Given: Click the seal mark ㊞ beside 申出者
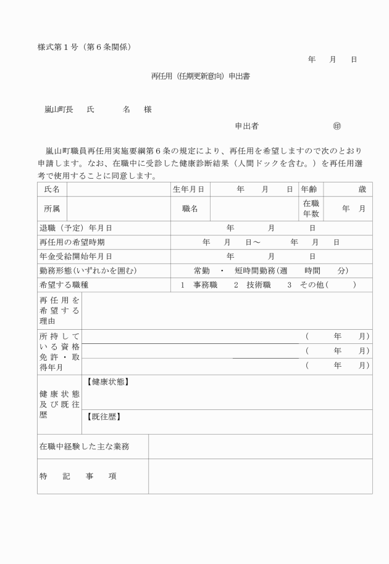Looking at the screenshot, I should click(x=337, y=126).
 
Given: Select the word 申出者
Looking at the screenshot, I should click(x=246, y=126).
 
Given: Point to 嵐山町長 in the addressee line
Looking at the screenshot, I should click(x=59, y=109).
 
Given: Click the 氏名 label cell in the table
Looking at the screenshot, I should click(x=52, y=189).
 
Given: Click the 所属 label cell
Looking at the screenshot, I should click(x=52, y=209).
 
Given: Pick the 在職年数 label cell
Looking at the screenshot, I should click(x=311, y=208).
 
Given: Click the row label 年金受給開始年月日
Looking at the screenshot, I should click(x=76, y=256).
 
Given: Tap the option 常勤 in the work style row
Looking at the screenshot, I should click(x=202, y=271).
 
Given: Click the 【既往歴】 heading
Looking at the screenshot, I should click(x=104, y=417).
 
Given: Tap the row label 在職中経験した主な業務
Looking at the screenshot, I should click(x=85, y=446).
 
